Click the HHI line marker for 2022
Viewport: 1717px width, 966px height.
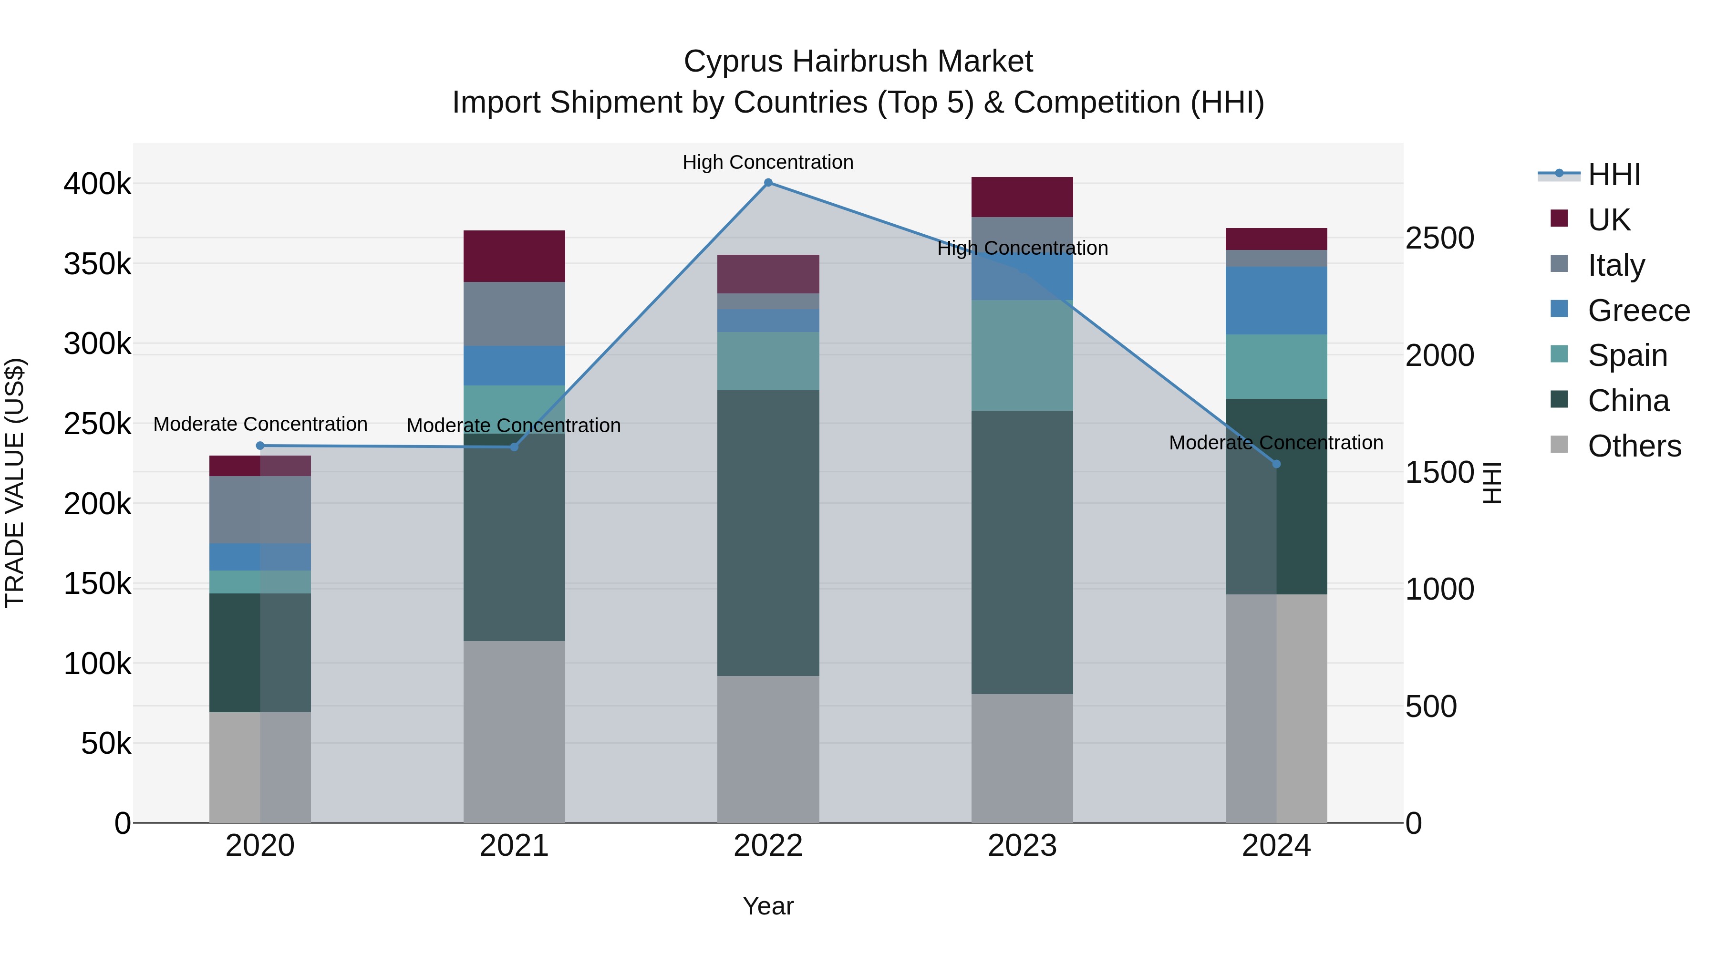(768, 183)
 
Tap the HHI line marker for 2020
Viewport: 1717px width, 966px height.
(260, 446)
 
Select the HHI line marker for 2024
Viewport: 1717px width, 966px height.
(1276, 464)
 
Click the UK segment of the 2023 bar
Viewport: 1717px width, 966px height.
(1022, 197)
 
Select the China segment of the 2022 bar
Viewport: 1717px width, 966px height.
(768, 533)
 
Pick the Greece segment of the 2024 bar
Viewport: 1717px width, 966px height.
(1276, 301)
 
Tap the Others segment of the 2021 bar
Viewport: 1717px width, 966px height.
(514, 731)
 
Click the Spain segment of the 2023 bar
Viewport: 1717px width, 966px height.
(1022, 355)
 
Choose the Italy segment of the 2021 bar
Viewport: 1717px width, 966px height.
(514, 313)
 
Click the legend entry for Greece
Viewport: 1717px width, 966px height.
(1638, 311)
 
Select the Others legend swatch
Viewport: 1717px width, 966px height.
(1559, 445)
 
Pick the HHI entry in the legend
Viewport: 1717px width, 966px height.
(1613, 175)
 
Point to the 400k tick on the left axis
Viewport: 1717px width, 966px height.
(97, 184)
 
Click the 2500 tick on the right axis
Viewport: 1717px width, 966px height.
(1440, 239)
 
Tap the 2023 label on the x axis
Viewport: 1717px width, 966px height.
(1022, 846)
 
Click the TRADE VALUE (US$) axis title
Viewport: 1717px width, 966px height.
(15, 483)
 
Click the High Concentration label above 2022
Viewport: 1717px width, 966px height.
(768, 162)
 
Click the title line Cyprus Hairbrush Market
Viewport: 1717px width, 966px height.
(858, 62)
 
